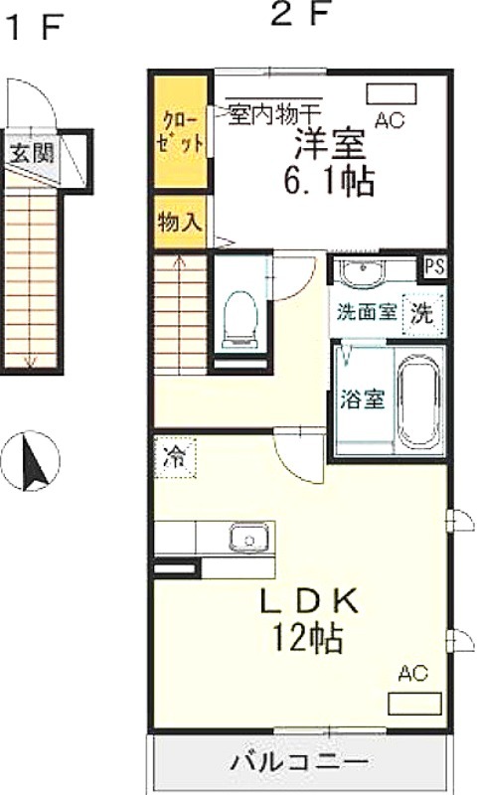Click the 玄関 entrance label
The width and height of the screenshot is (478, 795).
[32, 152]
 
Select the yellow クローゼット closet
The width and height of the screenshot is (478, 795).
[181, 132]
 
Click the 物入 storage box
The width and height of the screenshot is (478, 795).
[181, 222]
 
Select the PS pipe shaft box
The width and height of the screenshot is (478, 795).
[435, 267]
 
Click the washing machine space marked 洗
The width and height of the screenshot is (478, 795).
[422, 314]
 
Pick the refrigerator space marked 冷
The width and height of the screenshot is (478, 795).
[175, 457]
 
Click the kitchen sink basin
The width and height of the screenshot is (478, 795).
[249, 538]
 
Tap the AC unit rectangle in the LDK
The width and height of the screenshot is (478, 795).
[414, 704]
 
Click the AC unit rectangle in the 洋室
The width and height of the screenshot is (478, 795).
[392, 94]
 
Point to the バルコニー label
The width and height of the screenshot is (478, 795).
[299, 761]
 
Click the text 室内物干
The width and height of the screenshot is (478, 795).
[273, 114]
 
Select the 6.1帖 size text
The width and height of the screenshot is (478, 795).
[329, 181]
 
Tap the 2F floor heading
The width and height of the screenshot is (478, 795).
[300, 15]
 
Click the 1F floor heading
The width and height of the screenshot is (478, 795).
[36, 28]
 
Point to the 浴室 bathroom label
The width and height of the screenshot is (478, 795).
[362, 399]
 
